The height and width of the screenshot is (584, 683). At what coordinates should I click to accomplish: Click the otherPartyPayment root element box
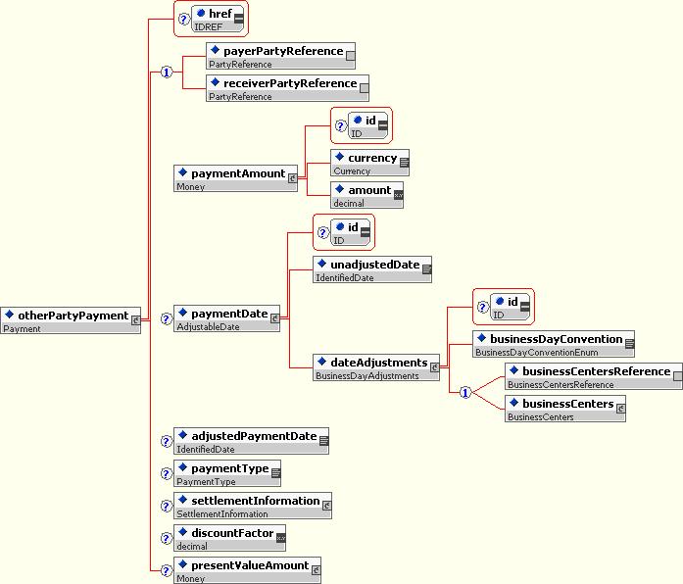[x=71, y=320]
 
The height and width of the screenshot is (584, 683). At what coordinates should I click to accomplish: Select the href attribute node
[x=218, y=20]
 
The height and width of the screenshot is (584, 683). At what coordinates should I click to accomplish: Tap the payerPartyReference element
[x=280, y=56]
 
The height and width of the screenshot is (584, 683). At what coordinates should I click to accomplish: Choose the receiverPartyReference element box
[x=287, y=88]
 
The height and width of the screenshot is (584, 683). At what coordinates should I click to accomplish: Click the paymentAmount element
[x=235, y=178]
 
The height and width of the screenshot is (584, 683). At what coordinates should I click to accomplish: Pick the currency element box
[x=369, y=163]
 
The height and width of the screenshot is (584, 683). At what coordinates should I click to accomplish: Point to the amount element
[x=366, y=195]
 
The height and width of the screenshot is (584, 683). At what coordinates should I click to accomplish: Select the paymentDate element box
[x=226, y=318]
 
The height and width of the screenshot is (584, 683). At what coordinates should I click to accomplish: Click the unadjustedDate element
[x=372, y=269]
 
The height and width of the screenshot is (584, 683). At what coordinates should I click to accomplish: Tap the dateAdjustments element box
[x=376, y=367]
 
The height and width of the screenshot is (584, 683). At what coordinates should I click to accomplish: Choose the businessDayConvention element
[x=554, y=344]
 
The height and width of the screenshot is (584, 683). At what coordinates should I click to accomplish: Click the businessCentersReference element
[x=594, y=376]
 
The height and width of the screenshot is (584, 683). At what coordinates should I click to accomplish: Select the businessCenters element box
[x=565, y=409]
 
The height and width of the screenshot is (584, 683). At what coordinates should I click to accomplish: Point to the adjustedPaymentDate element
[x=251, y=441]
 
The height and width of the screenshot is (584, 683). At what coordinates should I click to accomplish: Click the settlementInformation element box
[x=253, y=506]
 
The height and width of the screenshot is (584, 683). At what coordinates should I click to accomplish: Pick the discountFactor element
[x=230, y=538]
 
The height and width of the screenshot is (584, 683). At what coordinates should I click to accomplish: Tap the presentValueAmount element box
[x=247, y=570]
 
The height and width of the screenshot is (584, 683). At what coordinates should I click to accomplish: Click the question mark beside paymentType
[x=166, y=473]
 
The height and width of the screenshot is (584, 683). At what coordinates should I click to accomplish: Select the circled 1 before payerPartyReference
[x=167, y=72]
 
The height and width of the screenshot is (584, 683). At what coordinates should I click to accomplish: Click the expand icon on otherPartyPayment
[x=136, y=320]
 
